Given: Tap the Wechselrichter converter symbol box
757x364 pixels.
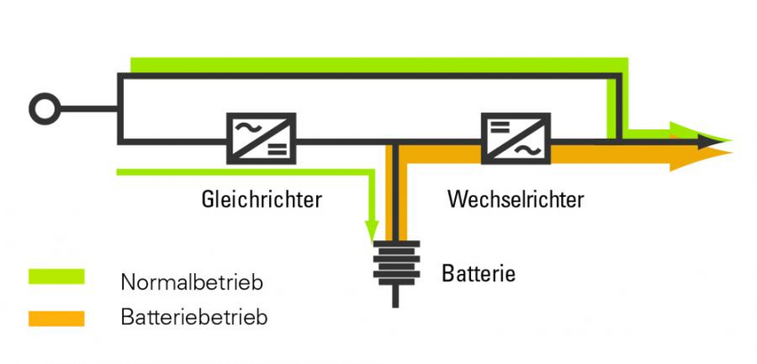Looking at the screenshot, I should tap(516, 139).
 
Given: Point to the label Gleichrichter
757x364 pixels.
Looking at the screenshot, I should tap(261, 198).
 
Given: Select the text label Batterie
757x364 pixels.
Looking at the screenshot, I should tap(478, 272).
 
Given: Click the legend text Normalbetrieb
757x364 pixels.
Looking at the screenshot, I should tap(191, 282).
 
